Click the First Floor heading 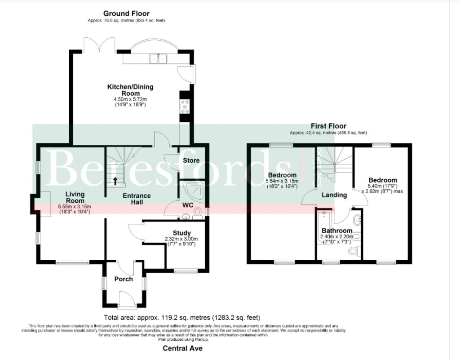(x=329, y=126)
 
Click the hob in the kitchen (x=184, y=107)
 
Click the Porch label (x=124, y=279)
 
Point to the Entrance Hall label (x=137, y=199)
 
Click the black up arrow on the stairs (x=115, y=181)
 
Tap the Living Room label (x=75, y=198)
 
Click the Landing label (x=334, y=195)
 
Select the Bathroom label (x=336, y=231)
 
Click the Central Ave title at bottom (x=182, y=348)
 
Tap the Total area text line (x=181, y=317)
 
